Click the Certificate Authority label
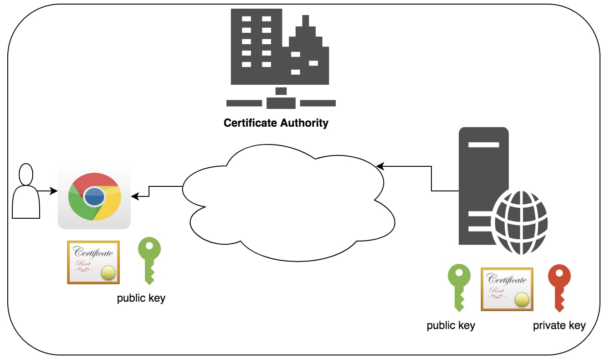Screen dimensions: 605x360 tap(276, 123)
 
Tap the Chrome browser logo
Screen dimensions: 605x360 tap(95, 196)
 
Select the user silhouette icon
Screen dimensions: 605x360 tap(26, 190)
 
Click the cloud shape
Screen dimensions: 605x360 tap(289, 203)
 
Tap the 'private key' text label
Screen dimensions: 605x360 tap(559, 325)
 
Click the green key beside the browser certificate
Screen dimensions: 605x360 tap(149, 261)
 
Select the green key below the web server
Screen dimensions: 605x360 tap(459, 288)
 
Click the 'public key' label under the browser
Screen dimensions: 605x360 tap(141, 298)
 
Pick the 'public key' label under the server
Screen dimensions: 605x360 tap(451, 325)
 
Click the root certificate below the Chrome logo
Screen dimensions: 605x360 tap(93, 262)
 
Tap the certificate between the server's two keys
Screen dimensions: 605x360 tap(507, 289)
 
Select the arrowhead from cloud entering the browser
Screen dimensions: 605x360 tap(135, 196)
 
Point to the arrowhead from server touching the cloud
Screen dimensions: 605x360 tap(380, 166)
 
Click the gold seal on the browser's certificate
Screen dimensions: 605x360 tap(108, 273)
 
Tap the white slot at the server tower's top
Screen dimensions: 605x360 tap(483, 145)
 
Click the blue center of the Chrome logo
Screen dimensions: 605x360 tap(94, 196)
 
